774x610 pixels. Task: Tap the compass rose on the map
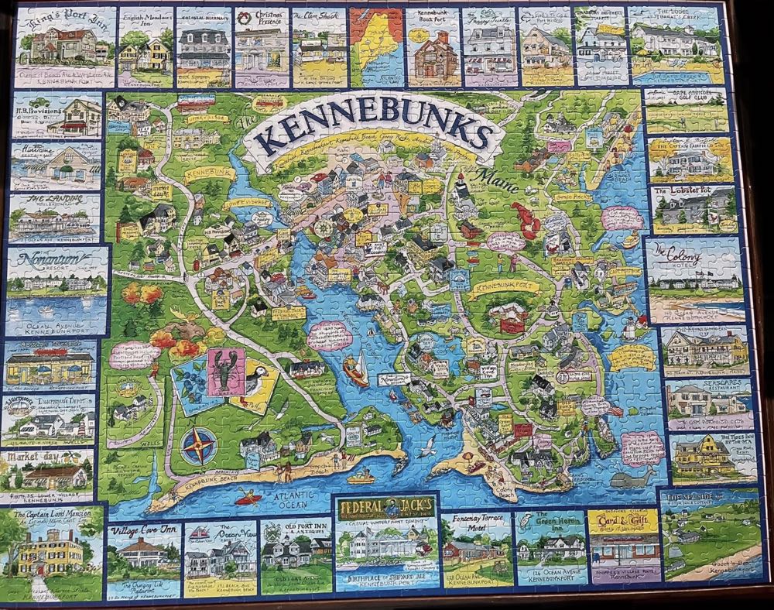[x=198, y=446]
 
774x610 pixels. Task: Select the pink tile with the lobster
[x=226, y=372]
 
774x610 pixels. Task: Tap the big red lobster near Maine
[x=526, y=220]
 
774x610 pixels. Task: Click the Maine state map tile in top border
[x=376, y=46]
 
